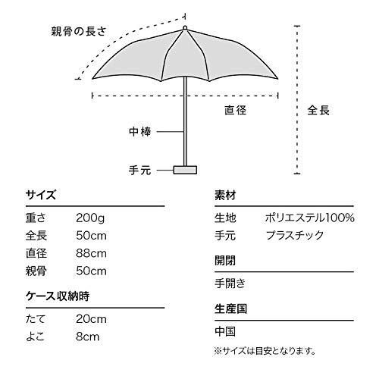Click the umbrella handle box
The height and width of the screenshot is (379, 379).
tap(185, 170)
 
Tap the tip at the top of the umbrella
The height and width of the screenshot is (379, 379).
tap(185, 27)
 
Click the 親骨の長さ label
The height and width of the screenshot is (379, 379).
tap(79, 31)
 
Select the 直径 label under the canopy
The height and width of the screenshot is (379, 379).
tap(236, 110)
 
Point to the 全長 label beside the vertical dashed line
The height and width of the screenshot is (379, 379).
tap(318, 110)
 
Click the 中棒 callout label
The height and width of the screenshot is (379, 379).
tap(140, 132)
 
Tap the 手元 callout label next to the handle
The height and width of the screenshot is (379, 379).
tap(140, 170)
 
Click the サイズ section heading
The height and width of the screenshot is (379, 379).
tap(41, 195)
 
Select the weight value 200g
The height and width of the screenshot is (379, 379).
tap(90, 218)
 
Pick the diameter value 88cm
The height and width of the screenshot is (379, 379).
tap(91, 253)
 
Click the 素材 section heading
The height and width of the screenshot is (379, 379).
tap(225, 195)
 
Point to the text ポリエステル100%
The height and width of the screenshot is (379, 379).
tap(310, 218)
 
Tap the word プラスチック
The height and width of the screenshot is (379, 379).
tap(295, 236)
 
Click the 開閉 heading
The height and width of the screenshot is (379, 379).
tap(225, 261)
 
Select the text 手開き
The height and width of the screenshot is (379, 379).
tap(230, 283)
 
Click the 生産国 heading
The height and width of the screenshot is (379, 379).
tap(231, 309)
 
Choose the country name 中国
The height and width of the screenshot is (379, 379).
tap(225, 331)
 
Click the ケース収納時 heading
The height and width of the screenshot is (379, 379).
tap(58, 296)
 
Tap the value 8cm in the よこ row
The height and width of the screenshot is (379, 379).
tap(88, 337)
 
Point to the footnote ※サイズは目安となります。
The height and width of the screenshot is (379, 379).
tap(265, 351)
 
